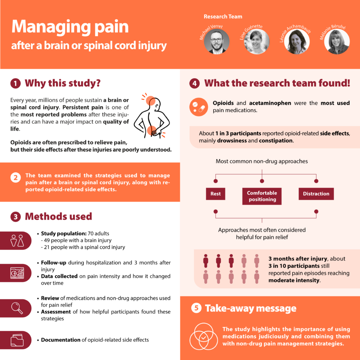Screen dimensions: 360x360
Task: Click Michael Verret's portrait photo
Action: pyautogui.click(x=217, y=42)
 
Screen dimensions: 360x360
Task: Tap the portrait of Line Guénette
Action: pyautogui.click(x=256, y=42)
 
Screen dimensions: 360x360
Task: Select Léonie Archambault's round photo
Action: pyautogui.click(x=297, y=42)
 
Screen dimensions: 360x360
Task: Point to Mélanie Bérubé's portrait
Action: pyautogui.click(x=337, y=42)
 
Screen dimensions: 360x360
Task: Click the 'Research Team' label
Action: pyautogui.click(x=223, y=17)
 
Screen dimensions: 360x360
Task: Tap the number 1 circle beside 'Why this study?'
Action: pyautogui.click(x=15, y=83)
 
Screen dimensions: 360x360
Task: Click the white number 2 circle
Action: pyautogui.click(x=16, y=177)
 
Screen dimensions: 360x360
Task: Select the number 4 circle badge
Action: pyautogui.click(x=195, y=83)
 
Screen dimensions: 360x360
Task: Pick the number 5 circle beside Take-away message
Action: pyautogui.click(x=196, y=308)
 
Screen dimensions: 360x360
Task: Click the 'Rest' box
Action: pyautogui.click(x=215, y=194)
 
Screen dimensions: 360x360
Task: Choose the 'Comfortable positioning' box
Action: pyautogui.click(x=262, y=196)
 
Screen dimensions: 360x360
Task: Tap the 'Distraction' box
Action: pyautogui.click(x=316, y=194)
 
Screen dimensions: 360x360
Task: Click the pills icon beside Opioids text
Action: pyautogui.click(x=199, y=107)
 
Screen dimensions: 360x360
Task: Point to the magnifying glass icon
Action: pyautogui.click(x=17, y=308)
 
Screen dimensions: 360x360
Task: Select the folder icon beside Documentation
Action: pyautogui.click(x=17, y=340)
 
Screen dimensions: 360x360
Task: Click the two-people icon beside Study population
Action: pyautogui.click(x=17, y=241)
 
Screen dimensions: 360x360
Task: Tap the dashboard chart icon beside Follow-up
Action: pyautogui.click(x=17, y=273)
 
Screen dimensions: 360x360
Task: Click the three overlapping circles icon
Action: pyautogui.click(x=204, y=336)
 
